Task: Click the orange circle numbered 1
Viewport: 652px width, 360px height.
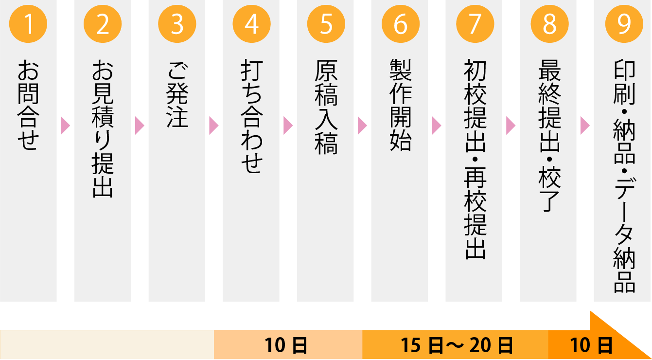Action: point(29,24)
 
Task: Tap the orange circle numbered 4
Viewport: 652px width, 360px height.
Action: point(251,24)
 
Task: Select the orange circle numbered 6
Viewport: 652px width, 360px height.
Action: point(400,24)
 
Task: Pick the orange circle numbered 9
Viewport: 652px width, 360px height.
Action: point(623,24)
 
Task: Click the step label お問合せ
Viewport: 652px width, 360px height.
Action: point(28,105)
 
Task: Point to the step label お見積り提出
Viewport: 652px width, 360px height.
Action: point(103,128)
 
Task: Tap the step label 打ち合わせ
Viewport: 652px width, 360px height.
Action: point(251,117)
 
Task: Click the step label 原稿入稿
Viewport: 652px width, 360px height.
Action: point(326,107)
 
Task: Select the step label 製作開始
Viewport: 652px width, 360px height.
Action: point(400,105)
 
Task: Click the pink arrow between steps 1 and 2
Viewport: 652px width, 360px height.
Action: point(66,126)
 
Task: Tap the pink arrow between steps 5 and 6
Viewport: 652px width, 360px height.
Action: point(362,126)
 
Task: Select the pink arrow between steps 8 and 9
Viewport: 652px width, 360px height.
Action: point(585,126)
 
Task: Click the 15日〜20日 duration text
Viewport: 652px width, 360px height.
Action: point(457,346)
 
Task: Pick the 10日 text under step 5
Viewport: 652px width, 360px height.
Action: point(286,346)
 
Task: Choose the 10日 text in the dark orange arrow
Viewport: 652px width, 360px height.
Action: point(591,346)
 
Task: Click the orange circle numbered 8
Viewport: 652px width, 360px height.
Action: point(549,24)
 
